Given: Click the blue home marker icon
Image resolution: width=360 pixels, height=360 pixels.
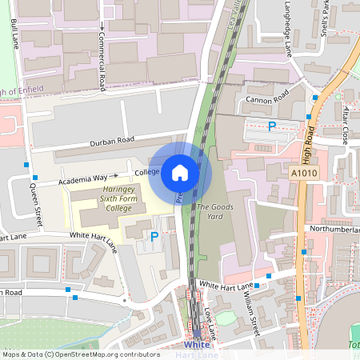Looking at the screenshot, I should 180,172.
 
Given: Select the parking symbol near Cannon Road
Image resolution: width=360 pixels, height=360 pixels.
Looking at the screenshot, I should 272,126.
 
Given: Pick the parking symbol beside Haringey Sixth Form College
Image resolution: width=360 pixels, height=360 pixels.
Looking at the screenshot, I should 154,236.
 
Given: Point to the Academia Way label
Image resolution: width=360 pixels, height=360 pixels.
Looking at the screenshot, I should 84,178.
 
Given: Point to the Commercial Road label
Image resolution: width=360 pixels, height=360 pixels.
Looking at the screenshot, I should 102,56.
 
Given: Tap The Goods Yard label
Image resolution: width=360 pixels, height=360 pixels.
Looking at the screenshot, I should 210,212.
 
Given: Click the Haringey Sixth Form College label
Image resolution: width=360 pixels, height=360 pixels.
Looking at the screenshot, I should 105,199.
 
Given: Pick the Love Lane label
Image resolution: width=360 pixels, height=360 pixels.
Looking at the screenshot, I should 210,319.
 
